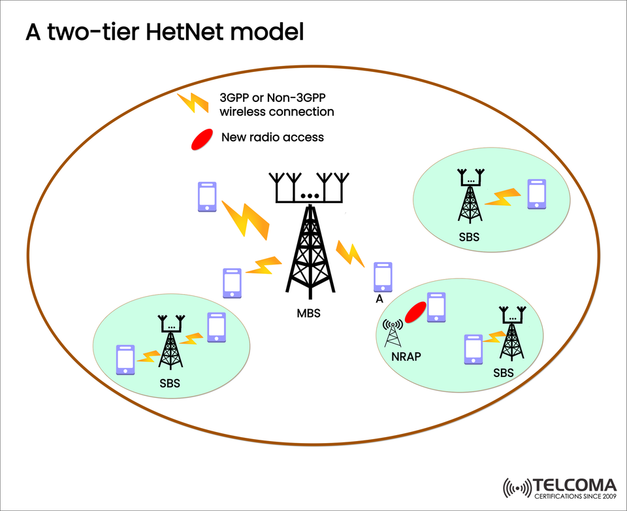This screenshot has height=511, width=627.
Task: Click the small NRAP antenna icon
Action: [393, 333]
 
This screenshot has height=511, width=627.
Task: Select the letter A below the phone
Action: [379, 299]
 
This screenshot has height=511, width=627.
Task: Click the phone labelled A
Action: [383, 277]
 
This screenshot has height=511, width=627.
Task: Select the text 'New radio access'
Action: [272, 137]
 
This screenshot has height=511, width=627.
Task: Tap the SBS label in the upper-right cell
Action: [469, 237]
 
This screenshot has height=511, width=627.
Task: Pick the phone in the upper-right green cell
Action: [536, 193]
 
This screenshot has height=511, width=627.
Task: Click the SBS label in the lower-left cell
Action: [169, 383]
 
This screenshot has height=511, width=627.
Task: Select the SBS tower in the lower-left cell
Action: [171, 342]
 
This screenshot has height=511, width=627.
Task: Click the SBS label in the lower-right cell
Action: [503, 373]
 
